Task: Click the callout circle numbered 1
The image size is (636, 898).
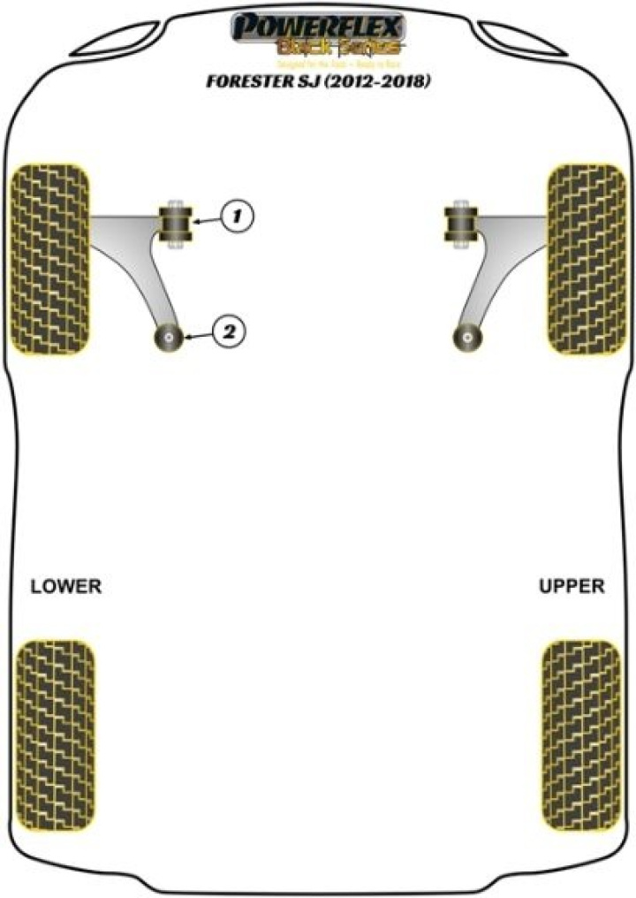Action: (x=237, y=215)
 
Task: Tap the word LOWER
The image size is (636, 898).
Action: (x=66, y=586)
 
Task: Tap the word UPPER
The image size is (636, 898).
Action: (x=572, y=586)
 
